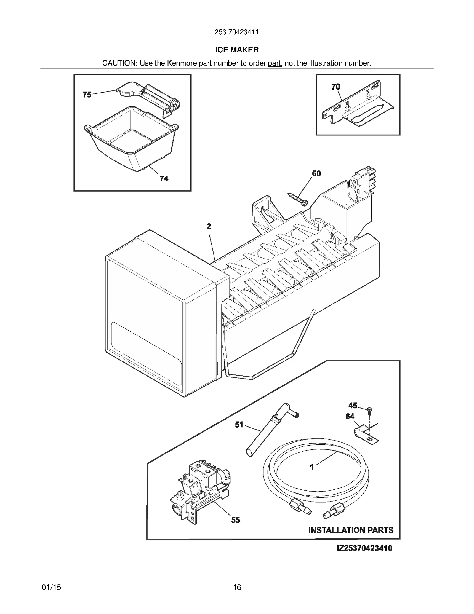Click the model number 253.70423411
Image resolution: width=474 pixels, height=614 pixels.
click(237, 32)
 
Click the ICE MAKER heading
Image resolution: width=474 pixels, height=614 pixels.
click(237, 50)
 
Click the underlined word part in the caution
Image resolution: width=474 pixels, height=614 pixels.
click(274, 63)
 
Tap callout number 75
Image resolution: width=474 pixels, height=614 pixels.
click(87, 95)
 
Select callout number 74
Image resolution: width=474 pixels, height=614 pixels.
click(164, 178)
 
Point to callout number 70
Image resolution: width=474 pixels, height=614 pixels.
click(336, 87)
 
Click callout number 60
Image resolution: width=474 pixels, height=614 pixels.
click(316, 173)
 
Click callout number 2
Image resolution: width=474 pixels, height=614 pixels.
click(209, 226)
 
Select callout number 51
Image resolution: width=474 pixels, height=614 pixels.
click(239, 425)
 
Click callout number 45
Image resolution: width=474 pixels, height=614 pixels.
click(353, 405)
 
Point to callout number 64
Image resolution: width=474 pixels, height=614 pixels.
click(350, 416)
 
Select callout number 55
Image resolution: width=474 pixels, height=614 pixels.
click(236, 520)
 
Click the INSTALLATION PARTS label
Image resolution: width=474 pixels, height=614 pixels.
click(351, 530)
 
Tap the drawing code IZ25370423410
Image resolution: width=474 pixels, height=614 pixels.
click(364, 548)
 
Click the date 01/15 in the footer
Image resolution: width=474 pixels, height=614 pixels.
click(52, 587)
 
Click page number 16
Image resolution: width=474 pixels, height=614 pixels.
click(237, 587)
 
